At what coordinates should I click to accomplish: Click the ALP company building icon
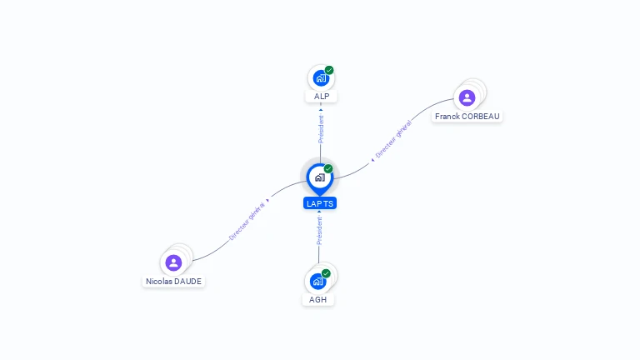coord(321,78)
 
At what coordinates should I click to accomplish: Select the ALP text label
coord(321,97)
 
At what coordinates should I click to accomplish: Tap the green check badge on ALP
coord(329,70)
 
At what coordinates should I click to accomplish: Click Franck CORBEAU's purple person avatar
coord(467,97)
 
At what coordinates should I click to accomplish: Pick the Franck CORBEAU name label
coord(467,117)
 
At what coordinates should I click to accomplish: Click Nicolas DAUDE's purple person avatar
coord(173,263)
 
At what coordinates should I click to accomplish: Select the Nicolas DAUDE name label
coord(174,282)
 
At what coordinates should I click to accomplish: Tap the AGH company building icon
coord(317,281)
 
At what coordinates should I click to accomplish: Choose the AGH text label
coord(317,299)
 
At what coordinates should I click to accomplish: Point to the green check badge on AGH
coord(326,273)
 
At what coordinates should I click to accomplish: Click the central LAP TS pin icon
coord(319,177)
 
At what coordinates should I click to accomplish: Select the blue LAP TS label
coord(320,203)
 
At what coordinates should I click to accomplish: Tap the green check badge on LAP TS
coord(328,169)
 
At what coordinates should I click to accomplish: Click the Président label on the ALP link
coord(321,128)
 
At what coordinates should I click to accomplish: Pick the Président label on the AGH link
coord(319,231)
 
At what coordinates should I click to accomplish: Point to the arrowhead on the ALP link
coord(321,109)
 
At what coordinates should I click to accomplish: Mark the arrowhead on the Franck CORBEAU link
coord(372,158)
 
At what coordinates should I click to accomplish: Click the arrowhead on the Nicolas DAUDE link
coord(267,201)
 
